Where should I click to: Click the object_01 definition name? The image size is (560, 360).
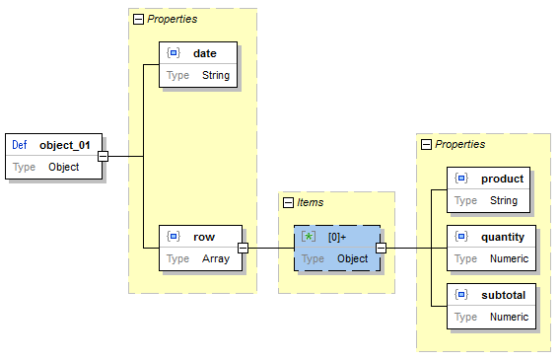tap(65, 145)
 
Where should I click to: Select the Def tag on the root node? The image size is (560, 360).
tap(20, 145)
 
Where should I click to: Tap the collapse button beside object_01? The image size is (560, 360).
tap(103, 156)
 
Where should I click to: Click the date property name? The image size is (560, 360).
tap(205, 52)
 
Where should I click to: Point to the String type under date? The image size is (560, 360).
tap(215, 75)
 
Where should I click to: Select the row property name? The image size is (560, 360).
tap(204, 237)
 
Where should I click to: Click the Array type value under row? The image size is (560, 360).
tap(215, 259)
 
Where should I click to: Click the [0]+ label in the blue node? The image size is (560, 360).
tap(337, 237)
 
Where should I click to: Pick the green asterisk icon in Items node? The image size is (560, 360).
tap(308, 237)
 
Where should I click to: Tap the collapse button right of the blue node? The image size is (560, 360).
tap(381, 248)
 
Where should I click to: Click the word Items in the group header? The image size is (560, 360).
tap(311, 202)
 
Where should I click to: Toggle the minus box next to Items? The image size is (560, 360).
tap(288, 202)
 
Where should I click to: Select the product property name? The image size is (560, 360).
tap(502, 179)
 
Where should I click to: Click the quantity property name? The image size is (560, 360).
tap(503, 237)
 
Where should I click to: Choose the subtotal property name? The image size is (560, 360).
tap(503, 295)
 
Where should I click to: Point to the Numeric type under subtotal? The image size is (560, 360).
tap(510, 318)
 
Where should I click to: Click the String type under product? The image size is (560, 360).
tap(503, 201)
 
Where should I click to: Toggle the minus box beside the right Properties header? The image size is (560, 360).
tap(426, 144)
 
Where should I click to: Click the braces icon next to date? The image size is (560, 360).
tap(174, 52)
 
